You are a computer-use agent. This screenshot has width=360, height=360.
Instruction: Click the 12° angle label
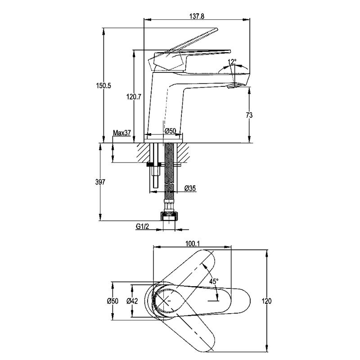[x=232, y=62]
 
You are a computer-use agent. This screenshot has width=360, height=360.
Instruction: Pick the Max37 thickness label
[x=121, y=133]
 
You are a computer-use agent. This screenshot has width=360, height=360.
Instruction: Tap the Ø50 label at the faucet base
[x=170, y=130]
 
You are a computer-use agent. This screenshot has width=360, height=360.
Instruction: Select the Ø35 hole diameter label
[x=190, y=188]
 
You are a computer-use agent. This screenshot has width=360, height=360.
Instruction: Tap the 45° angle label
[x=214, y=281]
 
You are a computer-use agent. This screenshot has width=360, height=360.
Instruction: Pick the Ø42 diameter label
[x=132, y=301]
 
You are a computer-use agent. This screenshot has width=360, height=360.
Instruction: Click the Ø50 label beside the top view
[x=112, y=301]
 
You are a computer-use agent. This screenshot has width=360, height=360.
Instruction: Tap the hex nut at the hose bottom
[x=170, y=215]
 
